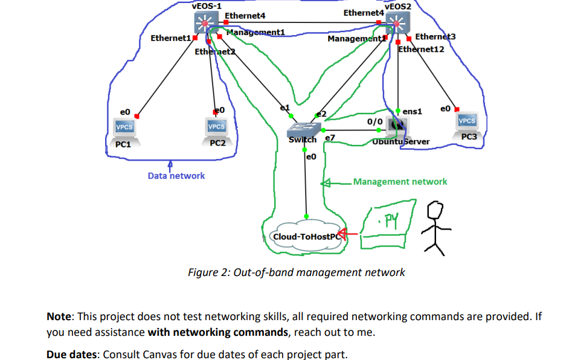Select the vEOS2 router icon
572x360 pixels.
pyautogui.click(x=397, y=24)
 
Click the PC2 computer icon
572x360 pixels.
pyautogui.click(x=216, y=129)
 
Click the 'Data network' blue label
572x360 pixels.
pyautogui.click(x=176, y=176)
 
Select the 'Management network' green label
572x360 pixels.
pyautogui.click(x=400, y=181)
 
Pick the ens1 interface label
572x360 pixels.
pyautogui.click(x=412, y=111)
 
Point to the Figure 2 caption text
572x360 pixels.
pyautogui.click(x=297, y=272)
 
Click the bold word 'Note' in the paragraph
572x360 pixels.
pyautogui.click(x=59, y=317)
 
